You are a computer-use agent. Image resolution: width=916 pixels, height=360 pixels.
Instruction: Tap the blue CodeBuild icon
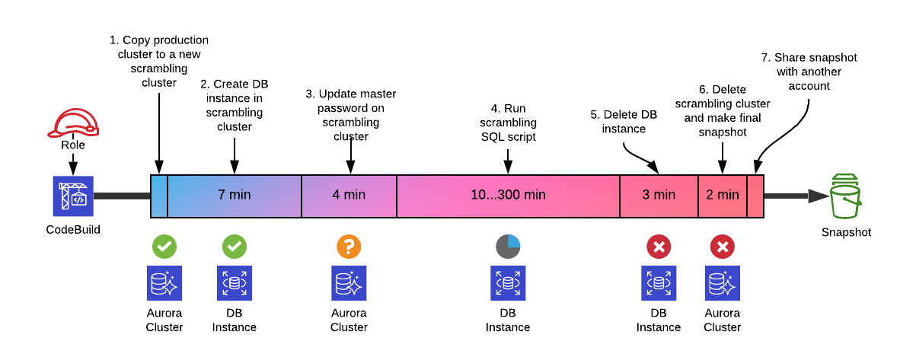(74, 196)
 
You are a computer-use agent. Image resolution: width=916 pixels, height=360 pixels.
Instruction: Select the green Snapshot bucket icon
(846, 196)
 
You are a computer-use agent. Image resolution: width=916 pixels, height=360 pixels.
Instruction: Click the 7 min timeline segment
(235, 195)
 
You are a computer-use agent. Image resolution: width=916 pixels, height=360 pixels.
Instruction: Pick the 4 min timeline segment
(349, 195)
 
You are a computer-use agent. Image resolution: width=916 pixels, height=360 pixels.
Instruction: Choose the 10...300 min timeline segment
(508, 195)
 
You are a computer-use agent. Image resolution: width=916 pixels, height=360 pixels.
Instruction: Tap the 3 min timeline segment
(659, 195)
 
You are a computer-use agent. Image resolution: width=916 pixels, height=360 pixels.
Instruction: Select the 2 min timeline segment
(722, 195)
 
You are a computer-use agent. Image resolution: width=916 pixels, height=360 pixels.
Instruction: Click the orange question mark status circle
(349, 246)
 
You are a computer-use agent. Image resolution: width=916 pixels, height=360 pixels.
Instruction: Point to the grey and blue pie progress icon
(508, 246)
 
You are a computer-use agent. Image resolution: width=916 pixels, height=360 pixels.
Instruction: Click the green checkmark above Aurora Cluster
(164, 246)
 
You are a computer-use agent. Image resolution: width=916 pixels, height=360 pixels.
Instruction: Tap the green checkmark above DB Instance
(235, 246)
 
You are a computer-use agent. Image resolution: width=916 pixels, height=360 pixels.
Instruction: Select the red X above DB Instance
(659, 246)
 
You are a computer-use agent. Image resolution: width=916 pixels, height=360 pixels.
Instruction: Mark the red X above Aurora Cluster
(722, 246)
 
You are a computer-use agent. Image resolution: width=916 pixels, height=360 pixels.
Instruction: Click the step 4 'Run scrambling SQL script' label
(509, 123)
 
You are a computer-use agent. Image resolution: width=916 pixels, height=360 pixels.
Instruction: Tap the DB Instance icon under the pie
(508, 284)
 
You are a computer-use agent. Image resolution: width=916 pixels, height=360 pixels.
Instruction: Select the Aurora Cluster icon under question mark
(349, 284)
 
